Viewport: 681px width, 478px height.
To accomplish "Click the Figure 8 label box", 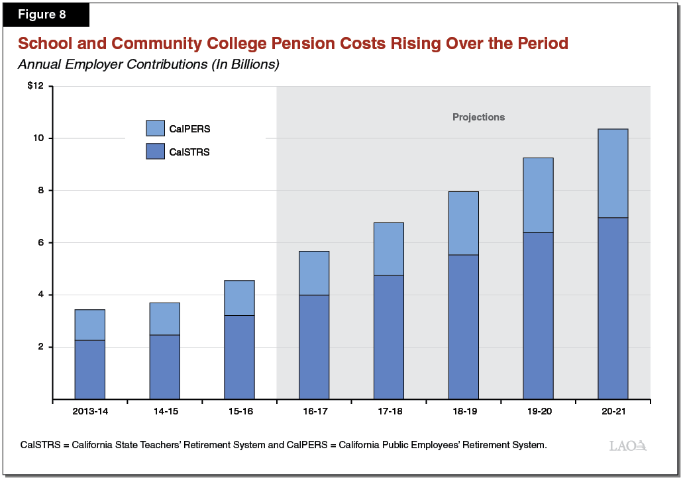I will point(46,15).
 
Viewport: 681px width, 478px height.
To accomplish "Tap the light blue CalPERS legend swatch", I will point(155,128).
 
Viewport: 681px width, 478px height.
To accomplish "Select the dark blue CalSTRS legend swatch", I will point(155,152).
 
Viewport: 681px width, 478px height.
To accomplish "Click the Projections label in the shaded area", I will point(478,117).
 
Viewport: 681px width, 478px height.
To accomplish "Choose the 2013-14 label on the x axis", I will point(89,412).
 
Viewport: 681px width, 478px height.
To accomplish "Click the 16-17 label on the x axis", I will point(314,412).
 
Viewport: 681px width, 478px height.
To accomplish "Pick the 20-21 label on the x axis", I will point(613,412).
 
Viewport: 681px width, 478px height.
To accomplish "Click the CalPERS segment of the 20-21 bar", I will point(613,173).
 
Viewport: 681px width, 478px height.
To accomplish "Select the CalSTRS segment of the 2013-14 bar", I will point(89,369).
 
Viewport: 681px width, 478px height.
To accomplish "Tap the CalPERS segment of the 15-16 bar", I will point(239,298).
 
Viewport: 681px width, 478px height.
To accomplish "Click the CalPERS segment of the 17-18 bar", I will point(388,249).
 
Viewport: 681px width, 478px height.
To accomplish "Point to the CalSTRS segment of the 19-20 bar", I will point(538,316).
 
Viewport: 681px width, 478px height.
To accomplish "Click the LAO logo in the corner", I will point(627,446).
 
